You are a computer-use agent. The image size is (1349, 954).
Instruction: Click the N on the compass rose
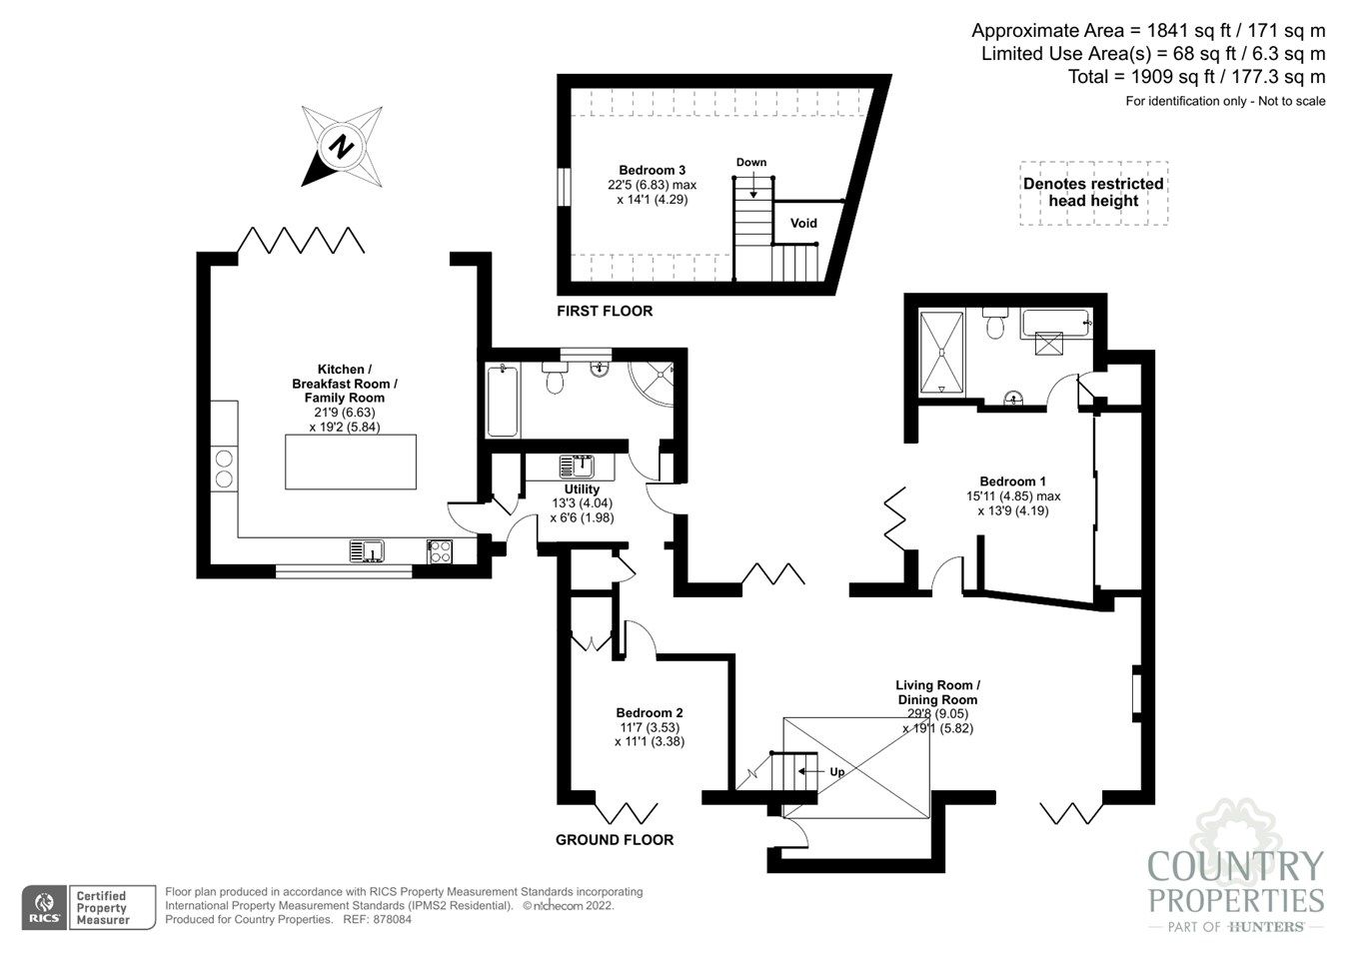pyautogui.click(x=343, y=147)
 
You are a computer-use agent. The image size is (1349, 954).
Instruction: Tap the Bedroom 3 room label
pyautogui.click(x=652, y=170)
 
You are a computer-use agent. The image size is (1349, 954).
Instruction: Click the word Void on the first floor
pyautogui.click(x=803, y=223)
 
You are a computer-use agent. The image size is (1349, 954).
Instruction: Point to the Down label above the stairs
pyautogui.click(x=751, y=162)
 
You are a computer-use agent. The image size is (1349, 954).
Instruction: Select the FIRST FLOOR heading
pyautogui.click(x=605, y=311)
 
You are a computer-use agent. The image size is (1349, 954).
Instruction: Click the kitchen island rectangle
pyautogui.click(x=350, y=461)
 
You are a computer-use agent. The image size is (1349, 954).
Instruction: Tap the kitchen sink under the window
pyautogui.click(x=367, y=550)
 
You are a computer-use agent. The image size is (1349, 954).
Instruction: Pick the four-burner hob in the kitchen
pyautogui.click(x=440, y=550)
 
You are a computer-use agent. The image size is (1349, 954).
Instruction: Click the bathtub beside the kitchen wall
pyautogui.click(x=502, y=401)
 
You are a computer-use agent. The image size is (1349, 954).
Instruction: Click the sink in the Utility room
pyautogui.click(x=577, y=466)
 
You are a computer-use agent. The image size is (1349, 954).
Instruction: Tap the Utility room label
pyautogui.click(x=582, y=489)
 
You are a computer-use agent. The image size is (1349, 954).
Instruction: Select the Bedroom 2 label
pyautogui.click(x=650, y=712)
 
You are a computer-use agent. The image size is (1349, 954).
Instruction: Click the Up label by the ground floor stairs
pyautogui.click(x=836, y=771)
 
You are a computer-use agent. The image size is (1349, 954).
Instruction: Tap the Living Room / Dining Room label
pyautogui.click(x=937, y=692)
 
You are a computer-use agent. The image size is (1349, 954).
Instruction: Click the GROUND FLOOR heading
pyautogui.click(x=615, y=839)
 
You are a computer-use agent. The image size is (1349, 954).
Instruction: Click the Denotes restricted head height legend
pyautogui.click(x=1093, y=192)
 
